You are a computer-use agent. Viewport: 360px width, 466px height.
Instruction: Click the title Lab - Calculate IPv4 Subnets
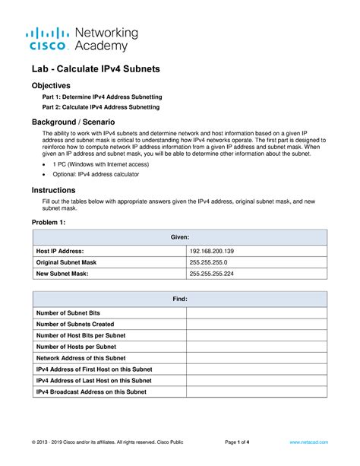pyautogui.click(x=95, y=69)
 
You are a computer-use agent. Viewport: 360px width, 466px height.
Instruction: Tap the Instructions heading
pyautogui.click(x=53, y=190)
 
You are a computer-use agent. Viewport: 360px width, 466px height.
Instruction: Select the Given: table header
pyautogui.click(x=179, y=237)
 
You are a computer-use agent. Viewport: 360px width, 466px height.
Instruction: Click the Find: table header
pyautogui.click(x=179, y=300)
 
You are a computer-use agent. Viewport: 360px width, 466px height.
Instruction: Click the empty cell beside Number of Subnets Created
pyautogui.click(x=257, y=324)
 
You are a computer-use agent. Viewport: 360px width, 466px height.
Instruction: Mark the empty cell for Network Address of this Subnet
pyautogui.click(x=257, y=358)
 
